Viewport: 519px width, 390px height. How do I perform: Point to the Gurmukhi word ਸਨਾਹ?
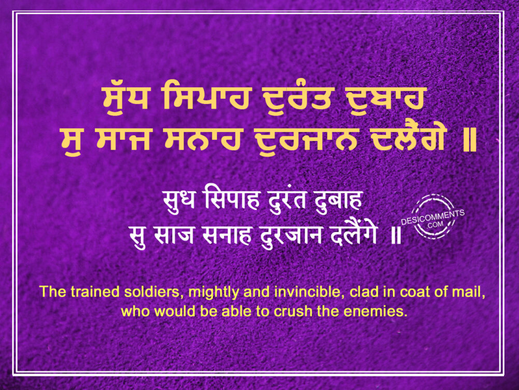pos(204,139)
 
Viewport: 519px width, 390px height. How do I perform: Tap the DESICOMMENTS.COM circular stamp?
pos(433,217)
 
